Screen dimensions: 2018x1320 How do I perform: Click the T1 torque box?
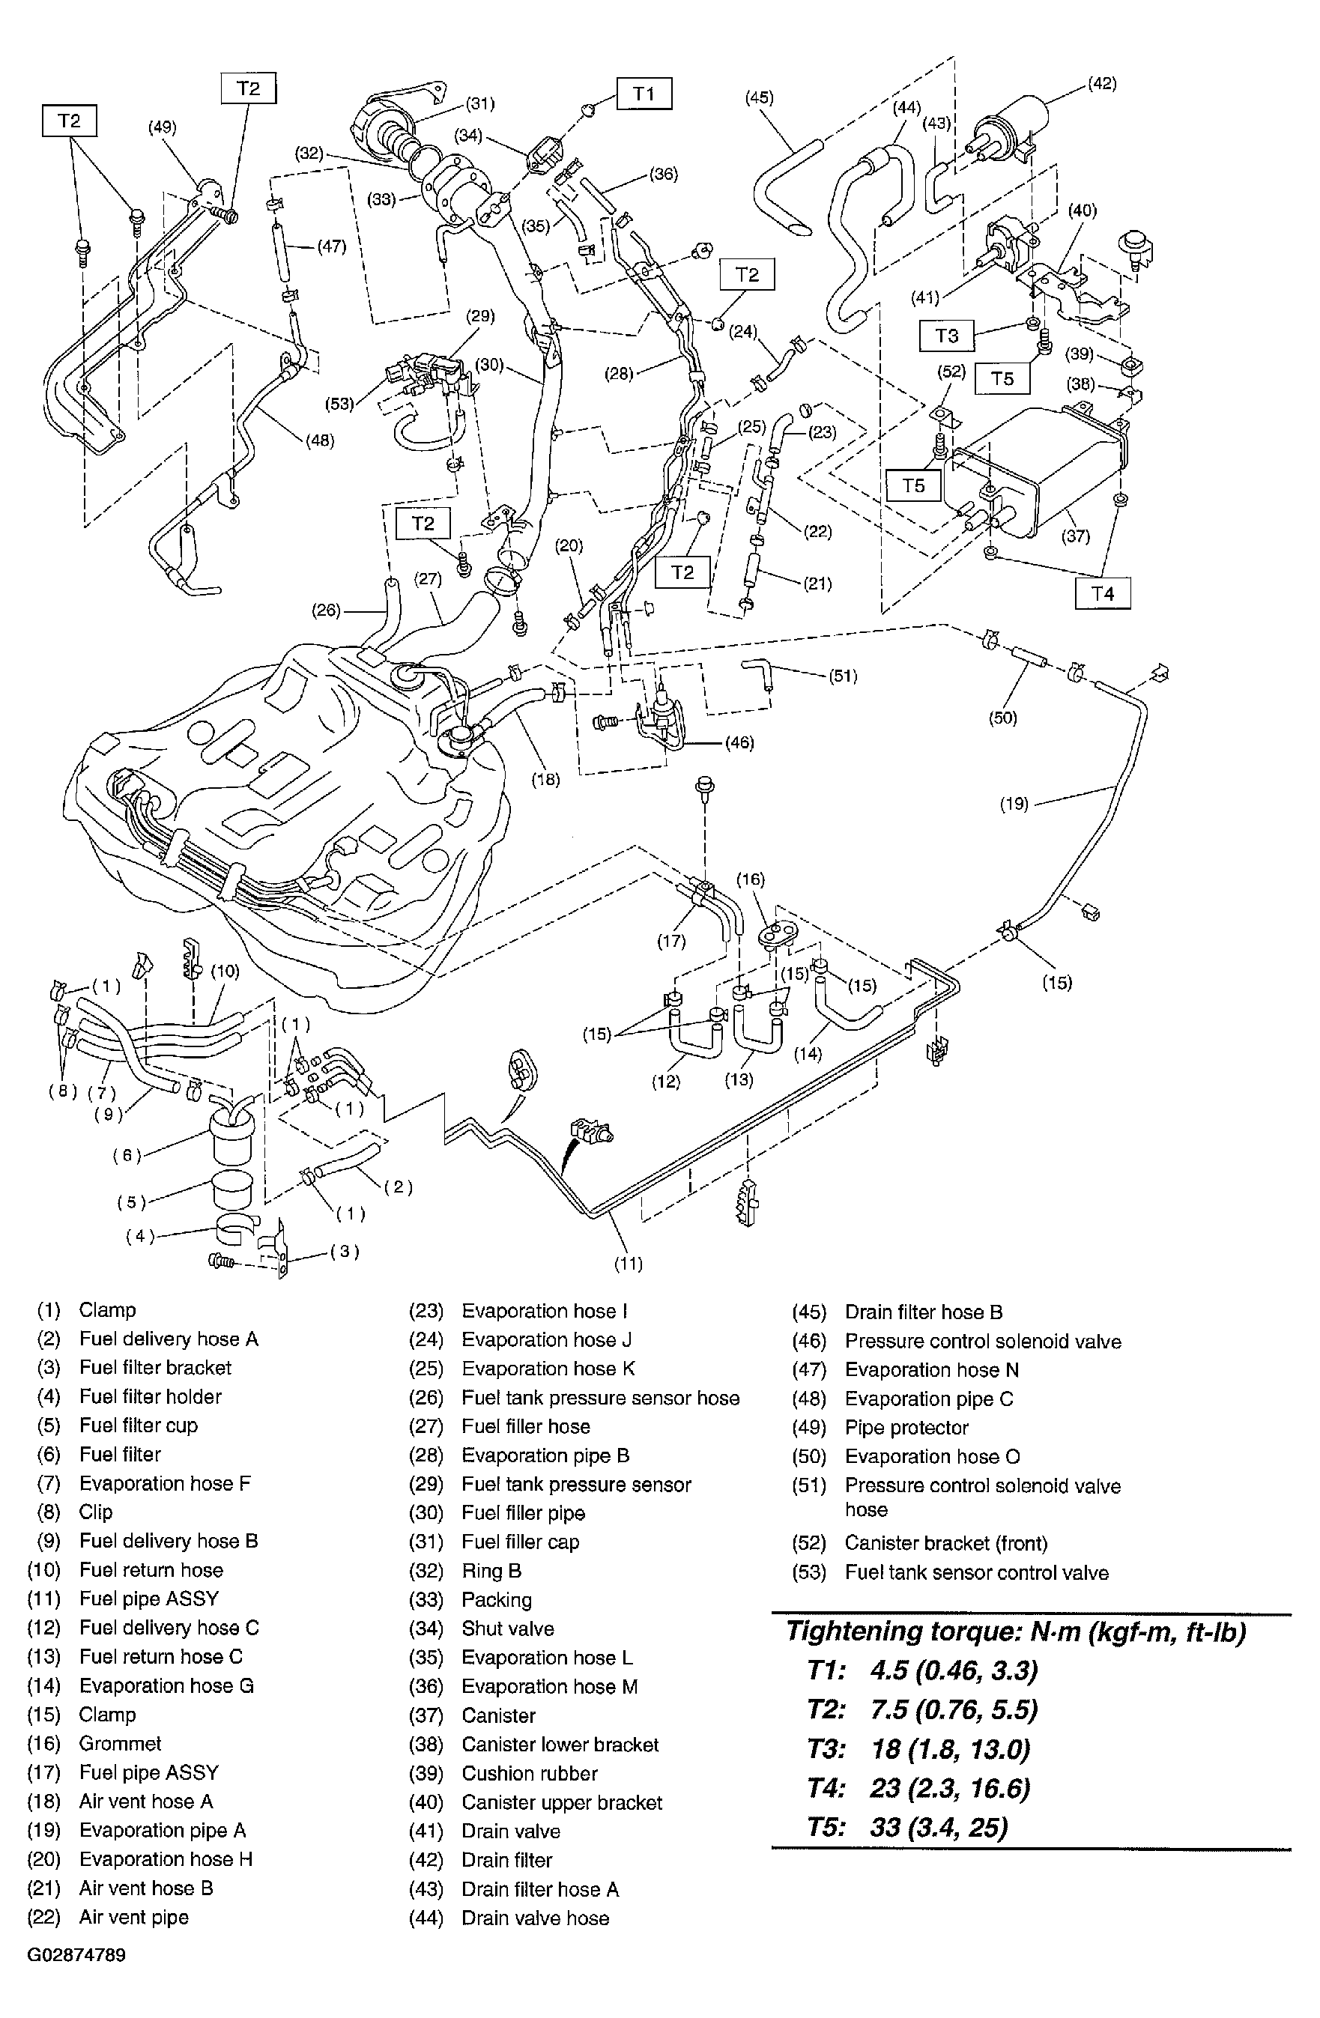click(x=644, y=94)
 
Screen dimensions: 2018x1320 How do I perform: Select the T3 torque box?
click(x=946, y=336)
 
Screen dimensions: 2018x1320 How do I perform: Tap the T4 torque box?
click(x=1102, y=593)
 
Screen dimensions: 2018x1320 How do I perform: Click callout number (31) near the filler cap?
click(x=480, y=103)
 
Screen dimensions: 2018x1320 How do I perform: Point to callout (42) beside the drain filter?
click(x=1101, y=84)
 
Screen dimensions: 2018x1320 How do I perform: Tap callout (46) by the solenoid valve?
click(x=739, y=743)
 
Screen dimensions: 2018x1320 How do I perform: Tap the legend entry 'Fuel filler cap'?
click(x=520, y=1542)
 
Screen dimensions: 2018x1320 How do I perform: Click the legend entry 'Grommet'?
click(x=120, y=1744)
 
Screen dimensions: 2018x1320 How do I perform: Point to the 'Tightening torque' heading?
click(x=1015, y=1631)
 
